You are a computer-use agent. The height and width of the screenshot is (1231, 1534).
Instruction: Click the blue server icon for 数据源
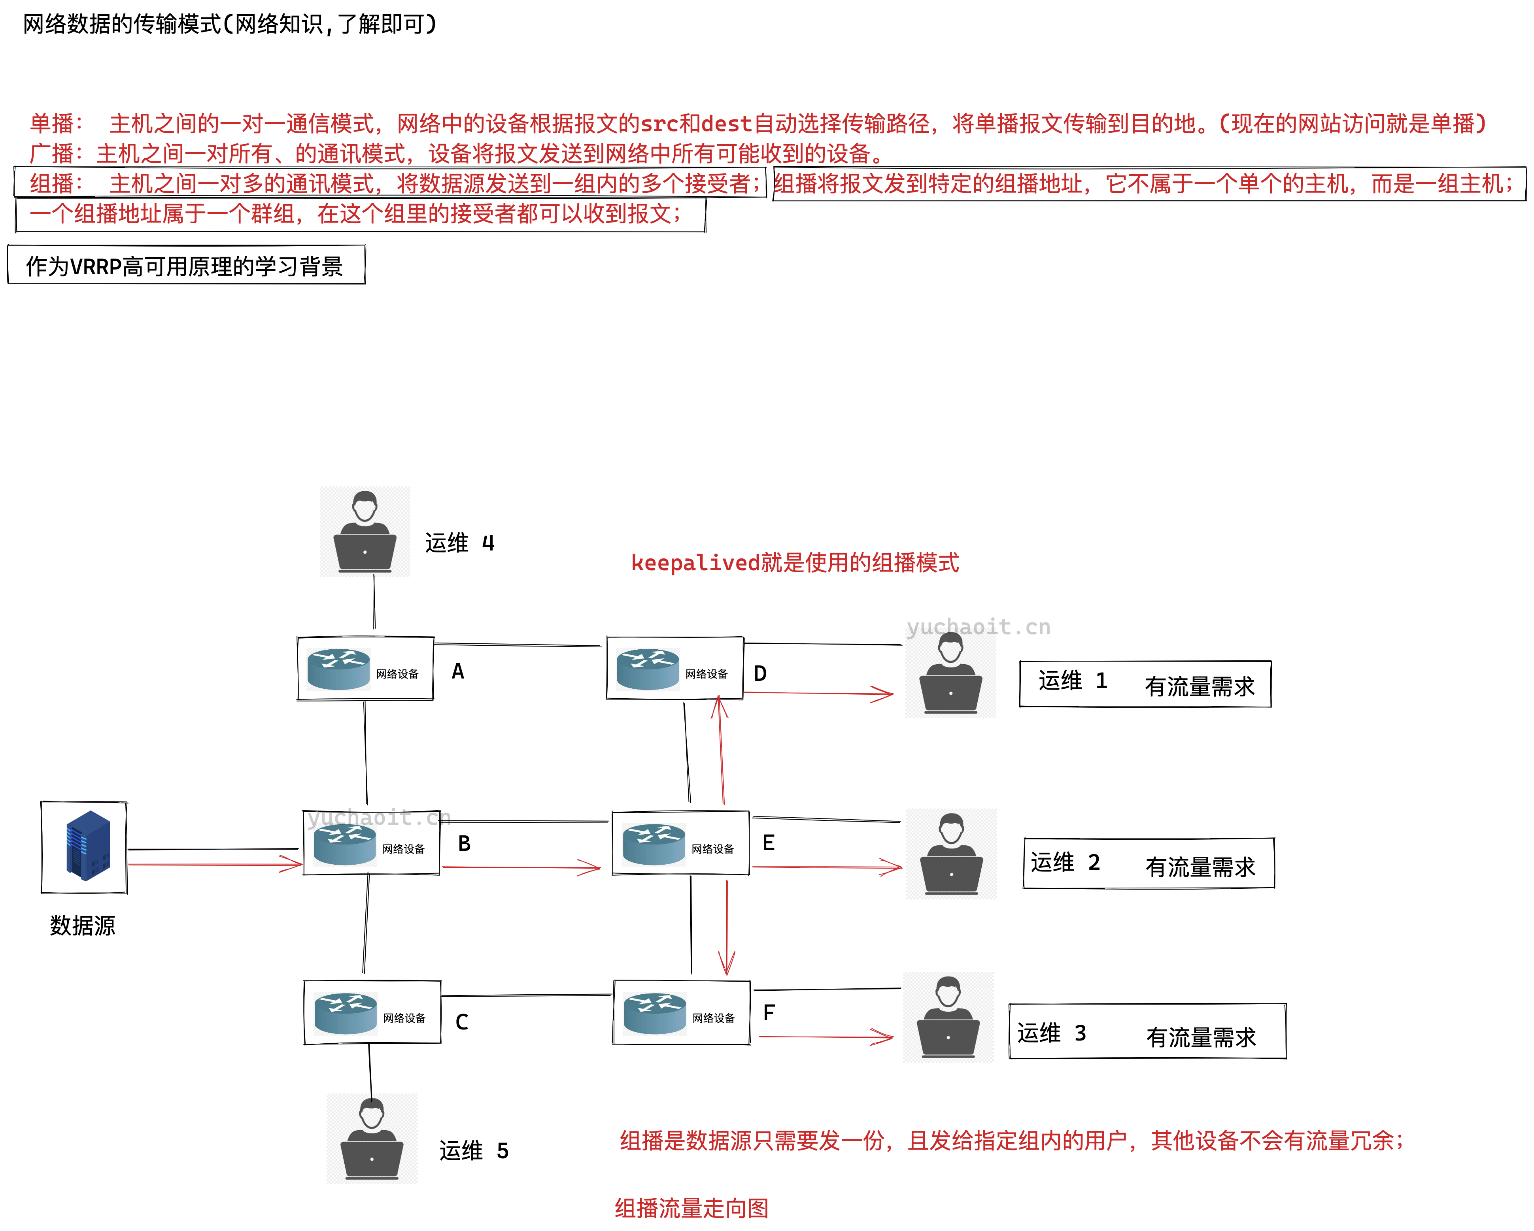87,846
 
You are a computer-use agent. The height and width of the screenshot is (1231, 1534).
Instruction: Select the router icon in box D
648,669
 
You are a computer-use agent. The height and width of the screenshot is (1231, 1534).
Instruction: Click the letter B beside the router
464,843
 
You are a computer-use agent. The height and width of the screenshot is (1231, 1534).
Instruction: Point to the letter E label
769,843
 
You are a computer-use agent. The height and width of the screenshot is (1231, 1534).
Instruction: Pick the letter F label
769,1013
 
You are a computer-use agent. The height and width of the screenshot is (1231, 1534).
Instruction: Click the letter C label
462,1022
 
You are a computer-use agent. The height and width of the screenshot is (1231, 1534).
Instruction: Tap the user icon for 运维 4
365,532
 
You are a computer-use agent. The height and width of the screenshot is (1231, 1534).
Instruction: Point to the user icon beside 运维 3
948,1017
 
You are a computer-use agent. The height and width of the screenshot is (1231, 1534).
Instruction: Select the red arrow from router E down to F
726,928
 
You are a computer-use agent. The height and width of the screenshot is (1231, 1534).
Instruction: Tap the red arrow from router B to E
521,867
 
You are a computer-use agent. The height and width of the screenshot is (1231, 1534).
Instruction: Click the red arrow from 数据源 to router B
213,864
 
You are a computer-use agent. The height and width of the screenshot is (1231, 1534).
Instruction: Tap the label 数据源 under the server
83,925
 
